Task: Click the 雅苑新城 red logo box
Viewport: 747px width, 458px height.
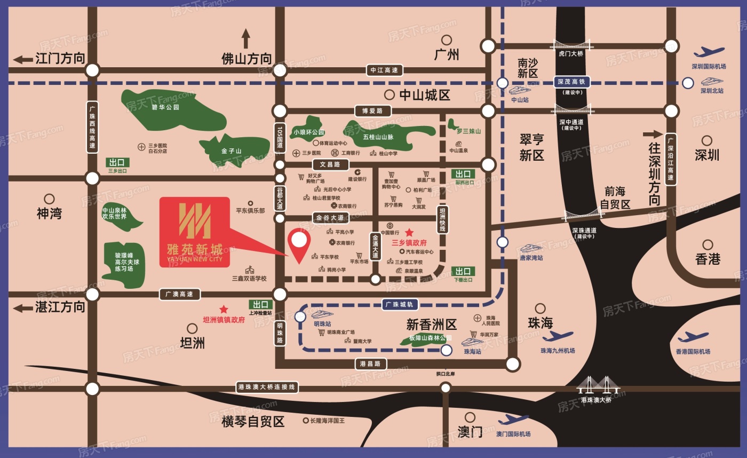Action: pos(195,232)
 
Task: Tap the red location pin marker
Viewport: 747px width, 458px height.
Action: pos(299,243)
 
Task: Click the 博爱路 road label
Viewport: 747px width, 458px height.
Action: pos(372,111)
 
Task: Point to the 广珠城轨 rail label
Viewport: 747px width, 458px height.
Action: pos(401,305)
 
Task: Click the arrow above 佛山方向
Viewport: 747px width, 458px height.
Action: pos(246,38)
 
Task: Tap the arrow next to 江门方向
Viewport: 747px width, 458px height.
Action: pos(23,59)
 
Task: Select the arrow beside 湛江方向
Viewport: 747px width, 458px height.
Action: pos(23,308)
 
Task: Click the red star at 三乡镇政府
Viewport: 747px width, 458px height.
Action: pos(409,232)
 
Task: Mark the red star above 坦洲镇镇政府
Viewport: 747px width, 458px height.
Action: pos(224,309)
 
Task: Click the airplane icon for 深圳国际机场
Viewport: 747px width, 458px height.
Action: pos(709,52)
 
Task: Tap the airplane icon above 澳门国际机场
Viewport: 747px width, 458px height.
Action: pos(513,420)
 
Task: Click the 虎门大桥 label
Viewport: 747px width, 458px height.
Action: pos(571,53)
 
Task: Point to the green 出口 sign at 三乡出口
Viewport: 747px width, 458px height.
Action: pos(117,162)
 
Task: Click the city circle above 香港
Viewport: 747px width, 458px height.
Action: pos(708,244)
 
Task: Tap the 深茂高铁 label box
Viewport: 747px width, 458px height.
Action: pos(571,82)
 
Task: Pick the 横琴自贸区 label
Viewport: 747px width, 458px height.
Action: pos(253,422)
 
